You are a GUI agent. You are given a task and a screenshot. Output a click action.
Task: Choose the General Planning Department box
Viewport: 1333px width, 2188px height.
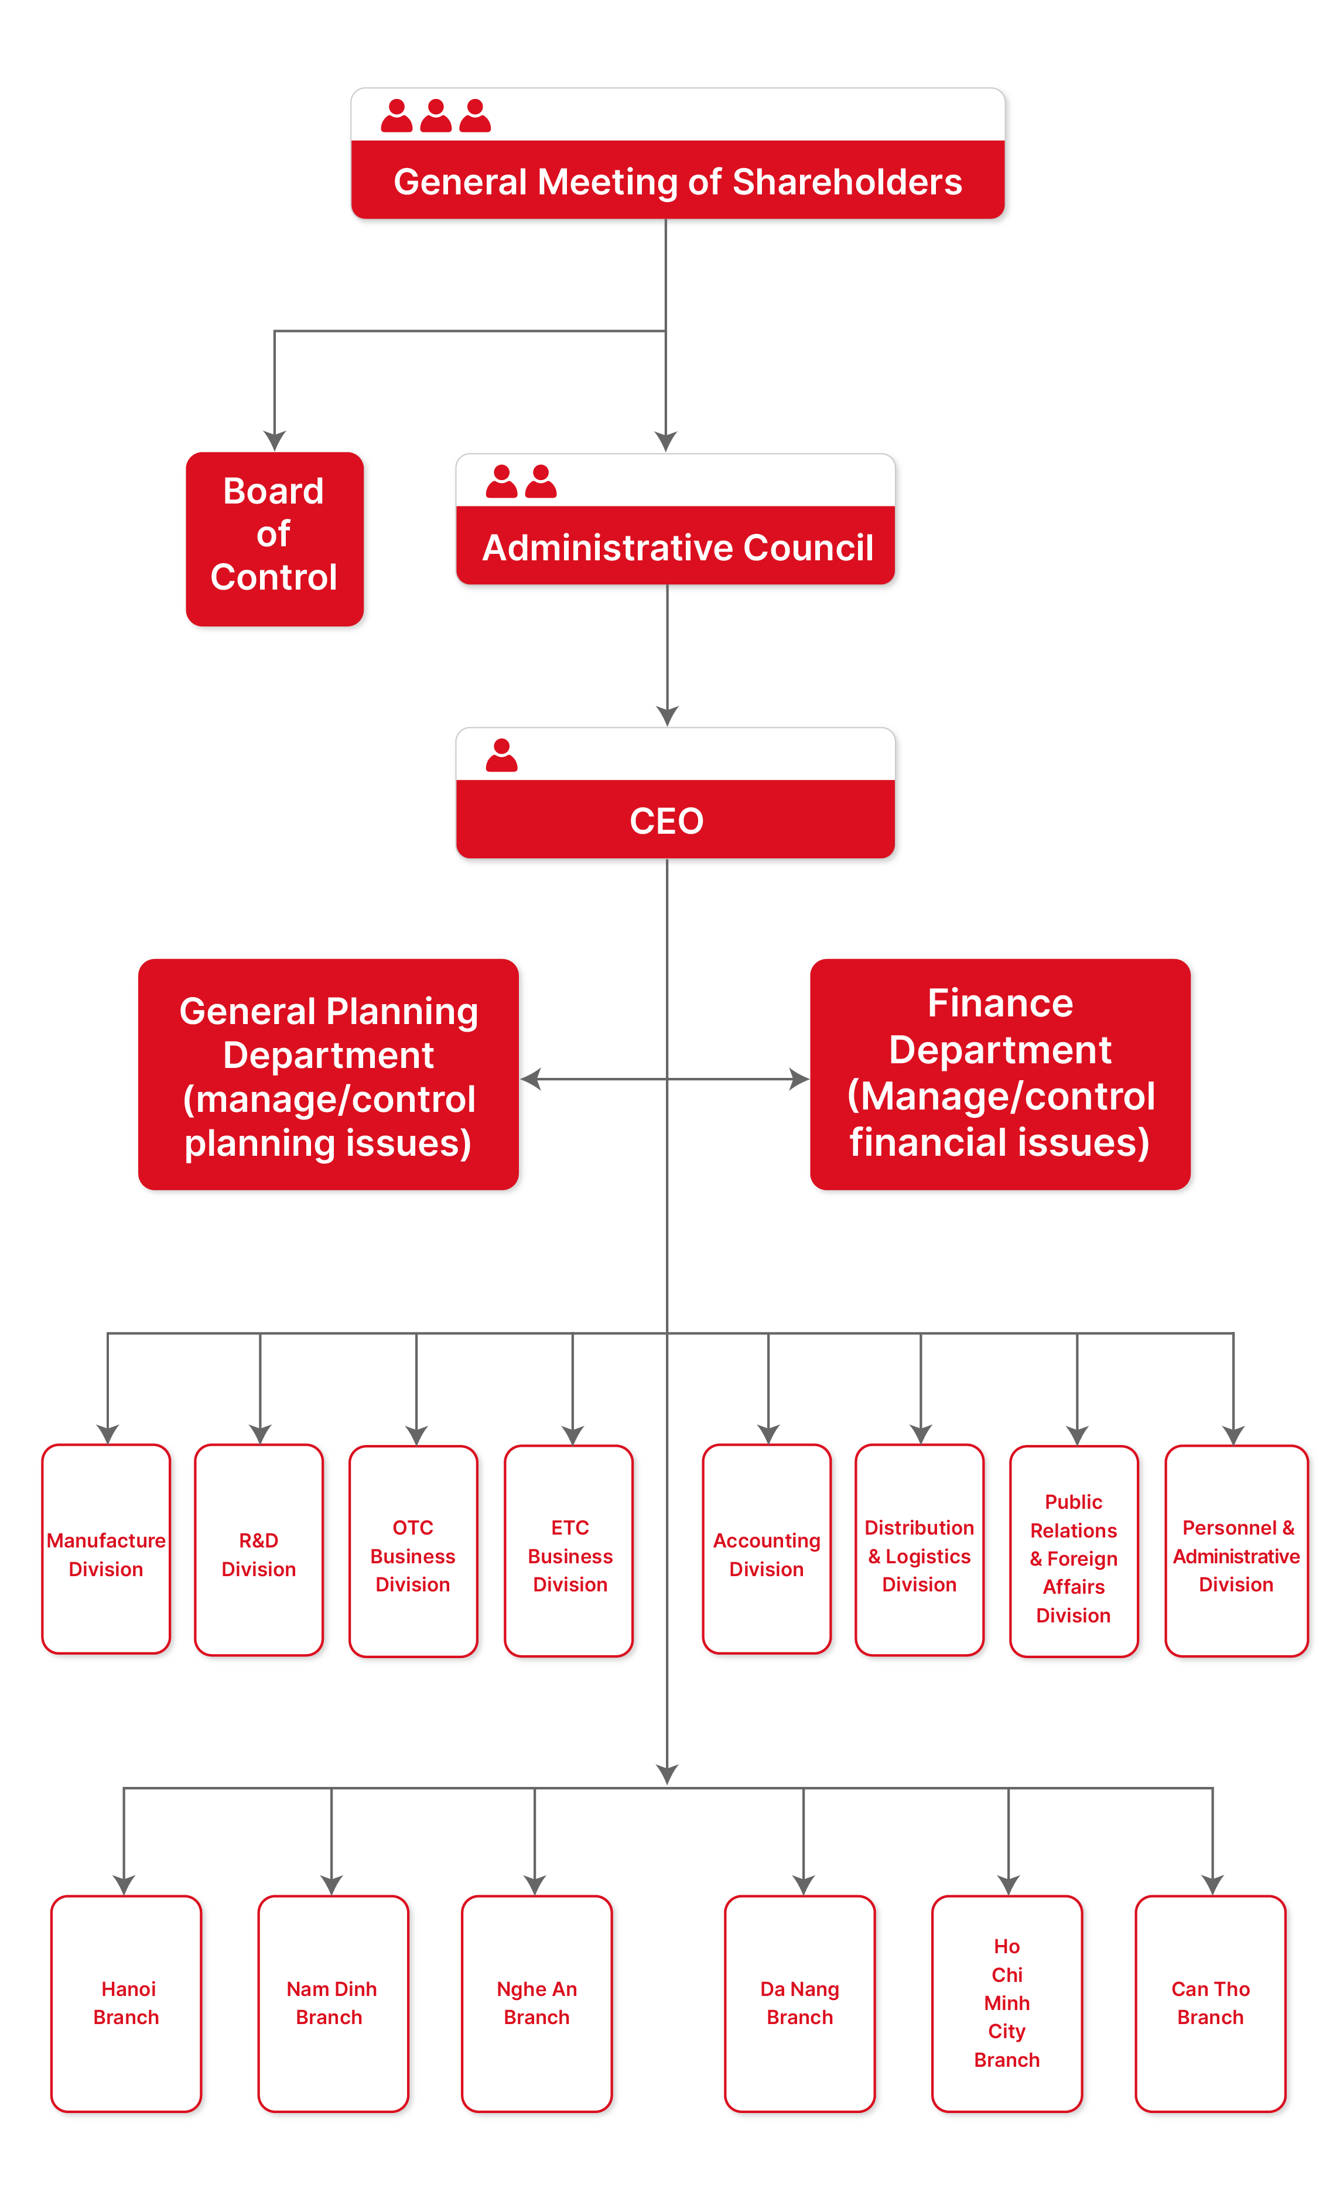pyautogui.click(x=328, y=1076)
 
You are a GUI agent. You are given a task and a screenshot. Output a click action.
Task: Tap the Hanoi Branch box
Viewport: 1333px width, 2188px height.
pyautogui.click(x=126, y=2002)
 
